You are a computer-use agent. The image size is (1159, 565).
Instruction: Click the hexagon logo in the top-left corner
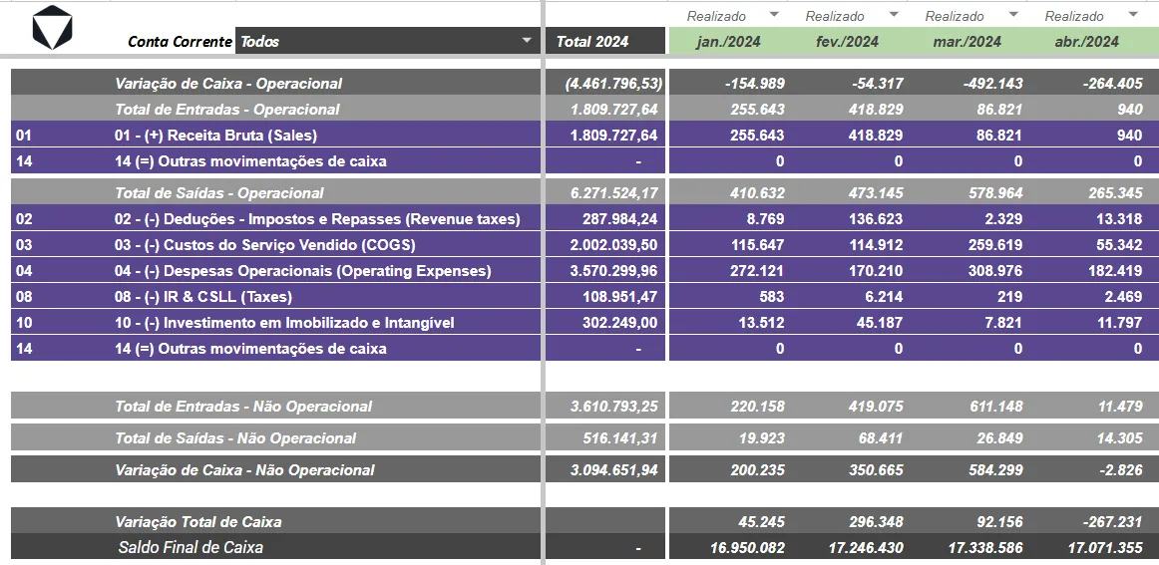53,27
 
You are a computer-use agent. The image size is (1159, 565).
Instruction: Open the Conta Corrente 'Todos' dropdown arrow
527,41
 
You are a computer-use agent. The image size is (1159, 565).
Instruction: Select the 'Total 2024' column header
592,42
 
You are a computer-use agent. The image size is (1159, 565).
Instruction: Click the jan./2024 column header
728,42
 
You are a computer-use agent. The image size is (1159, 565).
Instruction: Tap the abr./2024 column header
1086,42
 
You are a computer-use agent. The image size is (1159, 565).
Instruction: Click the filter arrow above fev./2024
894,15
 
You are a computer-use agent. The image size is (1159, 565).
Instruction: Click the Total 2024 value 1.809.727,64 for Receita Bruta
613,136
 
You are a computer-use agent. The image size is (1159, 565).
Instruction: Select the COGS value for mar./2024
994,244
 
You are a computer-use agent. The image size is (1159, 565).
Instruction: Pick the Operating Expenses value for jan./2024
757,270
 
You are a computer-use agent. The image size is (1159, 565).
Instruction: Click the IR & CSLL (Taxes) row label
203,297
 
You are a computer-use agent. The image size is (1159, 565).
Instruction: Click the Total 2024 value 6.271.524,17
613,192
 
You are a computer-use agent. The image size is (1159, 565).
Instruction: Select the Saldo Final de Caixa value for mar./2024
986,548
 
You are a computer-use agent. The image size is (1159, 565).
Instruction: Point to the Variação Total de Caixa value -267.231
1112,521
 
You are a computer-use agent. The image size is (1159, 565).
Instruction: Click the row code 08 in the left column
24,297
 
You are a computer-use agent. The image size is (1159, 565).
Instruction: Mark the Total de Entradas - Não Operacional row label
243,407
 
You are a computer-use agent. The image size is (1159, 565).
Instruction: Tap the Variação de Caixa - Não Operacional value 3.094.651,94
613,469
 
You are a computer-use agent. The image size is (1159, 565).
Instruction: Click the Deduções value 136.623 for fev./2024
876,218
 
